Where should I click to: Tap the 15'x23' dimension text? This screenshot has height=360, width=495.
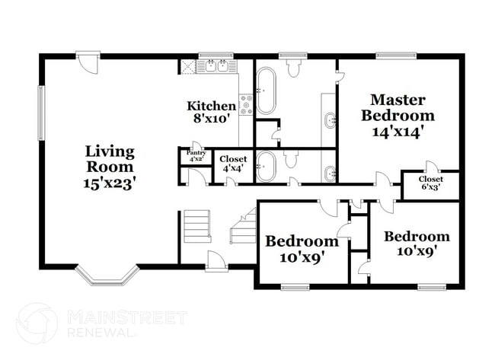click(110, 183)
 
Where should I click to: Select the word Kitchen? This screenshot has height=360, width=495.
click(212, 106)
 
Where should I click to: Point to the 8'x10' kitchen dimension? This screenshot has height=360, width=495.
click(212, 119)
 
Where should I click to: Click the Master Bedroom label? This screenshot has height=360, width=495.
click(398, 107)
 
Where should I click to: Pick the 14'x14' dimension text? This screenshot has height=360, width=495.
click(398, 131)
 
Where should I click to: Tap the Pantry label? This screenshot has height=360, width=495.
click(196, 153)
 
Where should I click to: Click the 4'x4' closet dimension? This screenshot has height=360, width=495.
click(233, 168)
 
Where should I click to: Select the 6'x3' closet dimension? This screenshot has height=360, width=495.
click(430, 186)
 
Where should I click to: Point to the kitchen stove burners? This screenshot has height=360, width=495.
click(246, 104)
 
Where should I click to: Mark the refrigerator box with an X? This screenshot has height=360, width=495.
click(187, 66)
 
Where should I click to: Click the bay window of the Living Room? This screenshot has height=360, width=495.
click(106, 276)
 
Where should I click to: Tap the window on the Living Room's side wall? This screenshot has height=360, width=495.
click(41, 113)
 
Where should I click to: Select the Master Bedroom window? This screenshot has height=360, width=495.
click(397, 56)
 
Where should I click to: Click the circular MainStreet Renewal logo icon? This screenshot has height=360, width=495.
click(36, 323)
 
